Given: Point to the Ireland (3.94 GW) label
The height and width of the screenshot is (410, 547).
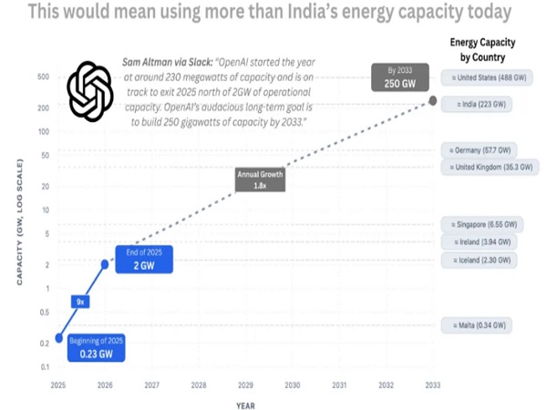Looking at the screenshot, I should pyautogui.click(x=476, y=242).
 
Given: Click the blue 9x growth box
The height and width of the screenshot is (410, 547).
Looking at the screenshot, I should pyautogui.click(x=79, y=301).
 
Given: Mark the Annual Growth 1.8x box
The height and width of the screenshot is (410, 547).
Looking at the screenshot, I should pyautogui.click(x=261, y=179).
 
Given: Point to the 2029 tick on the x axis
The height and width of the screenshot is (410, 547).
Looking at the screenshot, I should pyautogui.click(x=245, y=385).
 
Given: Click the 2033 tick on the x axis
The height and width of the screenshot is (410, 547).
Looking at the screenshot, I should pyautogui.click(x=431, y=385).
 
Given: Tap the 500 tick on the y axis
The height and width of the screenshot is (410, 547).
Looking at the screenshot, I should pyautogui.click(x=43, y=77).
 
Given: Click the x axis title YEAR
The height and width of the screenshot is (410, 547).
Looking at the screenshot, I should pyautogui.click(x=244, y=405).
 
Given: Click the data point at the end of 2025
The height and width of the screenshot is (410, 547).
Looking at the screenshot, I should pyautogui.click(x=105, y=265).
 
